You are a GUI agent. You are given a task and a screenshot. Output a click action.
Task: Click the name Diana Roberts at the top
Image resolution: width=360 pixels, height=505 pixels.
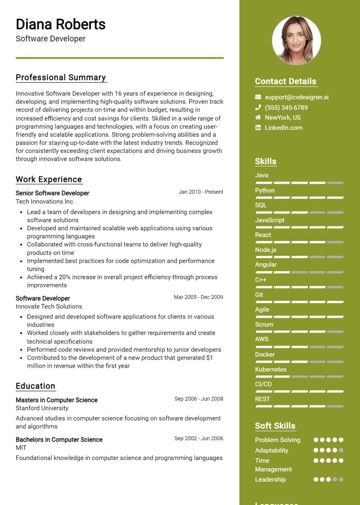tap(61, 24)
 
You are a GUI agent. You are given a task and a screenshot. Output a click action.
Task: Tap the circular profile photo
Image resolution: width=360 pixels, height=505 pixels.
tap(296, 41)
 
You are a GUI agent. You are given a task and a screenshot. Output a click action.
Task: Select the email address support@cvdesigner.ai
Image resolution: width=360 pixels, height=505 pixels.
tap(297, 97)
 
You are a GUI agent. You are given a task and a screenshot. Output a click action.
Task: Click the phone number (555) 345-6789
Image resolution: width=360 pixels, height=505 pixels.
tap(286, 108)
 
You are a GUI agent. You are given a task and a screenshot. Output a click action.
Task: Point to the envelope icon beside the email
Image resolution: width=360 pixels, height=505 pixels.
tap(258, 97)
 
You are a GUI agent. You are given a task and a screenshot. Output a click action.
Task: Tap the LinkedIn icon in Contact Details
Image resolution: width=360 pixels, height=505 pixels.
tap(258, 128)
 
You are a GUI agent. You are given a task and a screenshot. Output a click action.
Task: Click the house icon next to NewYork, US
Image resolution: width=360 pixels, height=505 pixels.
tap(258, 117)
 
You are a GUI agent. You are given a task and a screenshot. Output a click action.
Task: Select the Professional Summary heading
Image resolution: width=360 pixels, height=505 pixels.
tap(61, 77)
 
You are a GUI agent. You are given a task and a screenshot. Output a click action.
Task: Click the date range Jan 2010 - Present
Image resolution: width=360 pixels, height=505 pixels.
tap(201, 192)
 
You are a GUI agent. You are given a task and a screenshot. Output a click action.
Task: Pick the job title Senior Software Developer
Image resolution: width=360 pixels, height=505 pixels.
tap(52, 193)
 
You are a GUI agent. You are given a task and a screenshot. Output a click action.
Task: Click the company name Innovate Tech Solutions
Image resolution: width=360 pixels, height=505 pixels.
tap(49, 307)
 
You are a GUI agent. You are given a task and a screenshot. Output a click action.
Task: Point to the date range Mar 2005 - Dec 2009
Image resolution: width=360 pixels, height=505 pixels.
tap(198, 298)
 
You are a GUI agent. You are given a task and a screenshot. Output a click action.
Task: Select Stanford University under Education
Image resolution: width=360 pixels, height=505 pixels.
tap(42, 408)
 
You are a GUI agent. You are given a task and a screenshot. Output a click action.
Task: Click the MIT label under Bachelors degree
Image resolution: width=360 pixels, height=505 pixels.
tap(21, 448)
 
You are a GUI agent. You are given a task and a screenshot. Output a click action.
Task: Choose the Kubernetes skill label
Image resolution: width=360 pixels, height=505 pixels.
tap(270, 370)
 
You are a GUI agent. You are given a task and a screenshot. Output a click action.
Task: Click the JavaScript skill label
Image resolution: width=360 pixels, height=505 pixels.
tap(270, 220)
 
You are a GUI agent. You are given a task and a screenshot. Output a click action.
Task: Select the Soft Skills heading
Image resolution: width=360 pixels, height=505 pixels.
tap(275, 426)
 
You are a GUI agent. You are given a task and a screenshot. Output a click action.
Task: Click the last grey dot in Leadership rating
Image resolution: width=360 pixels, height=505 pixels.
tap(341, 480)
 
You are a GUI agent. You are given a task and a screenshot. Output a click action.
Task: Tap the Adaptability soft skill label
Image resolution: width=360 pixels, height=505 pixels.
tap(271, 451)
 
